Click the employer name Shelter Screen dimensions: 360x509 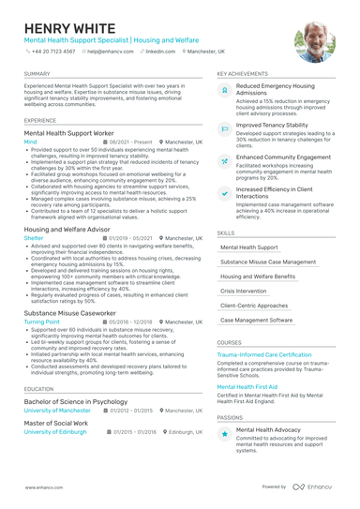(x=34, y=239)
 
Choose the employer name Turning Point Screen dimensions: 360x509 (x=42, y=321)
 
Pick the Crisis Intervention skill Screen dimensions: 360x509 (x=247, y=291)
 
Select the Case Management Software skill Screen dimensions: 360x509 (x=257, y=320)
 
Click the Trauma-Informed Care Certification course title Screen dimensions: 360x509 (x=264, y=355)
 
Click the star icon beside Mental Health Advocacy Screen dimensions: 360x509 (x=225, y=434)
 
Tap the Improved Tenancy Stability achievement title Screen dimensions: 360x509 (x=272, y=124)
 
